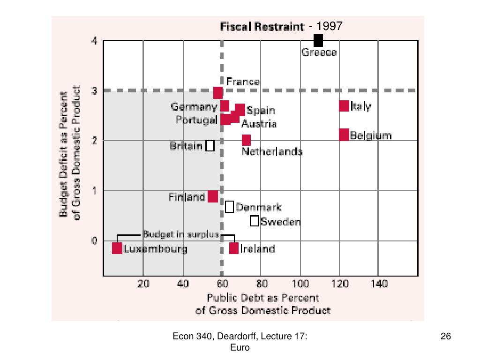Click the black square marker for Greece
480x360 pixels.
(x=318, y=41)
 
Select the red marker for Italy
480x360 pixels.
(x=344, y=106)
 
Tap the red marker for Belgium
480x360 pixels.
(x=344, y=135)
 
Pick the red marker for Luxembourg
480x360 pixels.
(x=117, y=248)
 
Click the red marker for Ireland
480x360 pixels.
(x=234, y=248)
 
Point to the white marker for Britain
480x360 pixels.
(x=210, y=146)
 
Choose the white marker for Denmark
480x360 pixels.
(x=229, y=206)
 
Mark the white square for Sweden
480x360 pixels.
(x=254, y=221)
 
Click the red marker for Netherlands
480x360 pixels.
(x=246, y=140)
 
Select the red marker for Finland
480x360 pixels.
(x=213, y=196)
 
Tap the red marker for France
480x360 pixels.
(x=218, y=92)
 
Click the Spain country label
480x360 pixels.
(x=261, y=111)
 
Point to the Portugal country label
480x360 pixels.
(x=196, y=120)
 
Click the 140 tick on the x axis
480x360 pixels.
(x=379, y=284)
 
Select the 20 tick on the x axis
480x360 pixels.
(x=143, y=284)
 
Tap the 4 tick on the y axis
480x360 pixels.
(x=94, y=41)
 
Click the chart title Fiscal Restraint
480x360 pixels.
(x=262, y=27)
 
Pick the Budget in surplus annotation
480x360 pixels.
(x=181, y=234)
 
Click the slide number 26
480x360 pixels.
(x=445, y=336)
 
